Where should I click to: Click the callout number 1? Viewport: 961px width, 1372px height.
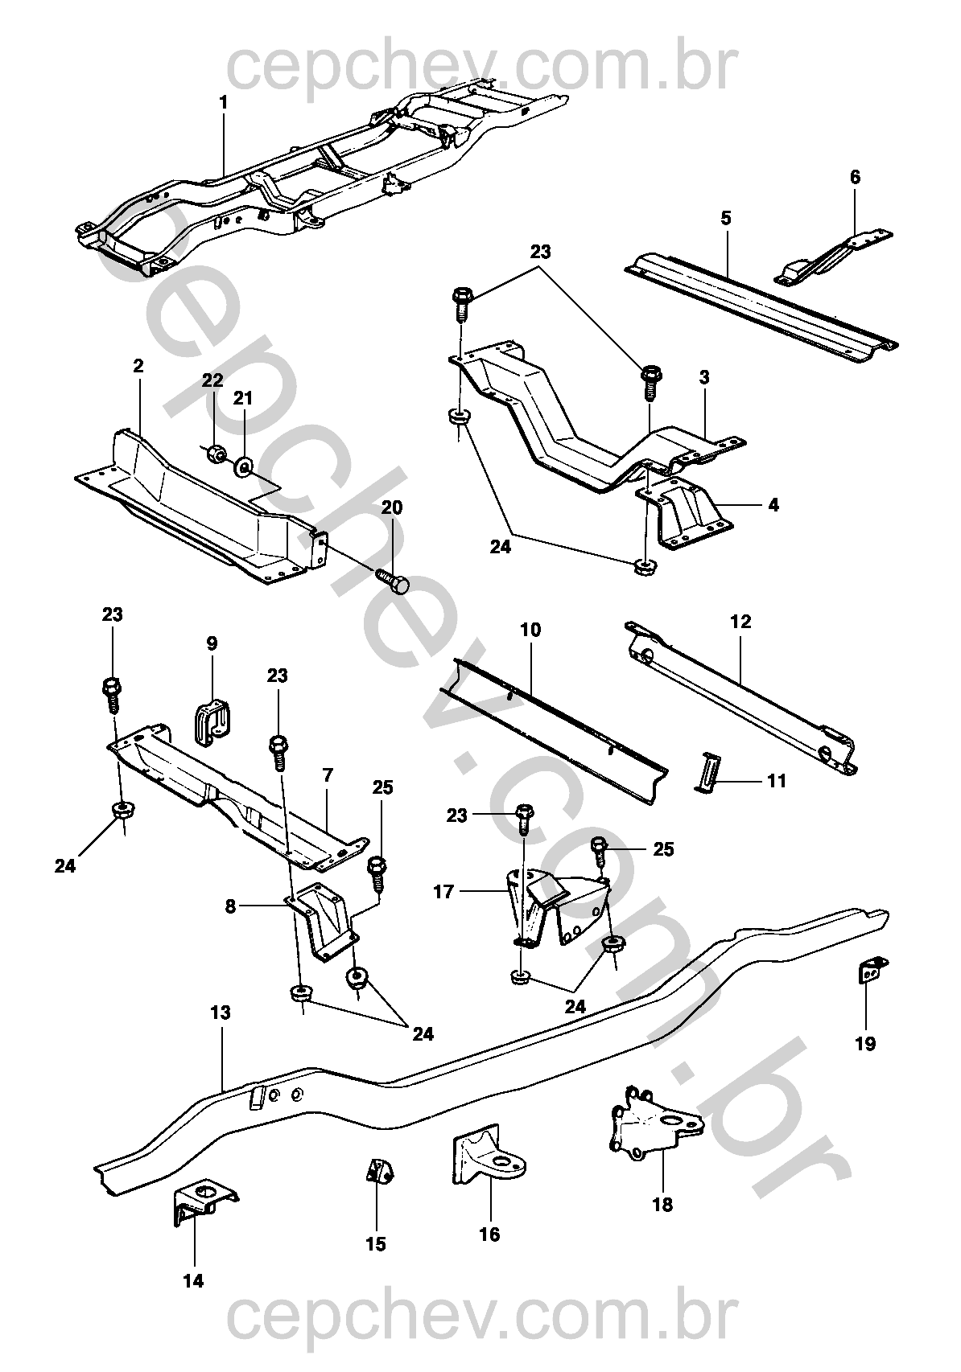click(x=223, y=102)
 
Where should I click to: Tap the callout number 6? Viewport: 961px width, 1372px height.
click(x=855, y=177)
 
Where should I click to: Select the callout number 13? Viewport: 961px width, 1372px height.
click(x=221, y=1013)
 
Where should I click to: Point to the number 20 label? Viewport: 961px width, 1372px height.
click(x=392, y=507)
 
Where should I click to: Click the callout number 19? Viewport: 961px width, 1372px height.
click(x=865, y=1043)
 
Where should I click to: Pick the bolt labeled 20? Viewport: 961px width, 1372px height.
click(x=392, y=579)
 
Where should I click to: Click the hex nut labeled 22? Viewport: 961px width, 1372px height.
click(x=214, y=454)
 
